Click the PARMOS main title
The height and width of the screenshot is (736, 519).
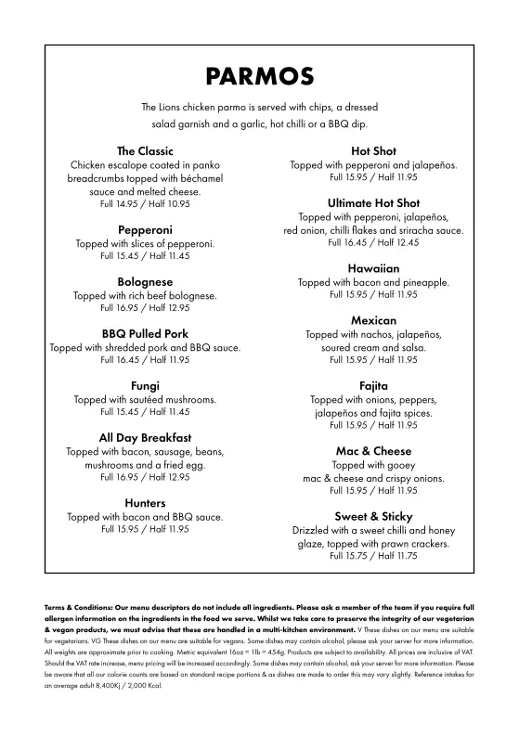coord(260,75)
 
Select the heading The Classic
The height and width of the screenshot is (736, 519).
coord(145,150)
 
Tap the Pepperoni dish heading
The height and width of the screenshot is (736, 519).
coord(145,229)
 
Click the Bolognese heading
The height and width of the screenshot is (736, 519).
coord(145,281)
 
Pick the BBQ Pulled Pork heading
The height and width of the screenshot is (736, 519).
coord(145,333)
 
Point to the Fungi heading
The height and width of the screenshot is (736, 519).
coord(145,385)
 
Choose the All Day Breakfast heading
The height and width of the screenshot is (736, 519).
coord(145,437)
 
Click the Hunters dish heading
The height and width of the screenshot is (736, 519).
coord(145,502)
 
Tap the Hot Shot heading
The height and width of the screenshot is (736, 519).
coord(373,150)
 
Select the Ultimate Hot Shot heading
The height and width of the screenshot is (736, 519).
coord(373,202)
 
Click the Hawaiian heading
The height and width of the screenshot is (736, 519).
coord(373,267)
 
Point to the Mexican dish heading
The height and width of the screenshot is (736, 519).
coord(373,320)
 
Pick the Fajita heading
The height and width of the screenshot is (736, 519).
coord(373,385)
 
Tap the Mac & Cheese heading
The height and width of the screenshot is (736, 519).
coord(373,451)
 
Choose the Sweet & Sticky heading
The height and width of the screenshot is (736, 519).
coord(373,516)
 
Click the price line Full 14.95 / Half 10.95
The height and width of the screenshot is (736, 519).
coord(145,203)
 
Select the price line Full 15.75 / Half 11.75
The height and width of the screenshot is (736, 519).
coord(373,556)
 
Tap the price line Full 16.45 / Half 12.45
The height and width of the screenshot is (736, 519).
coord(373,242)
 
